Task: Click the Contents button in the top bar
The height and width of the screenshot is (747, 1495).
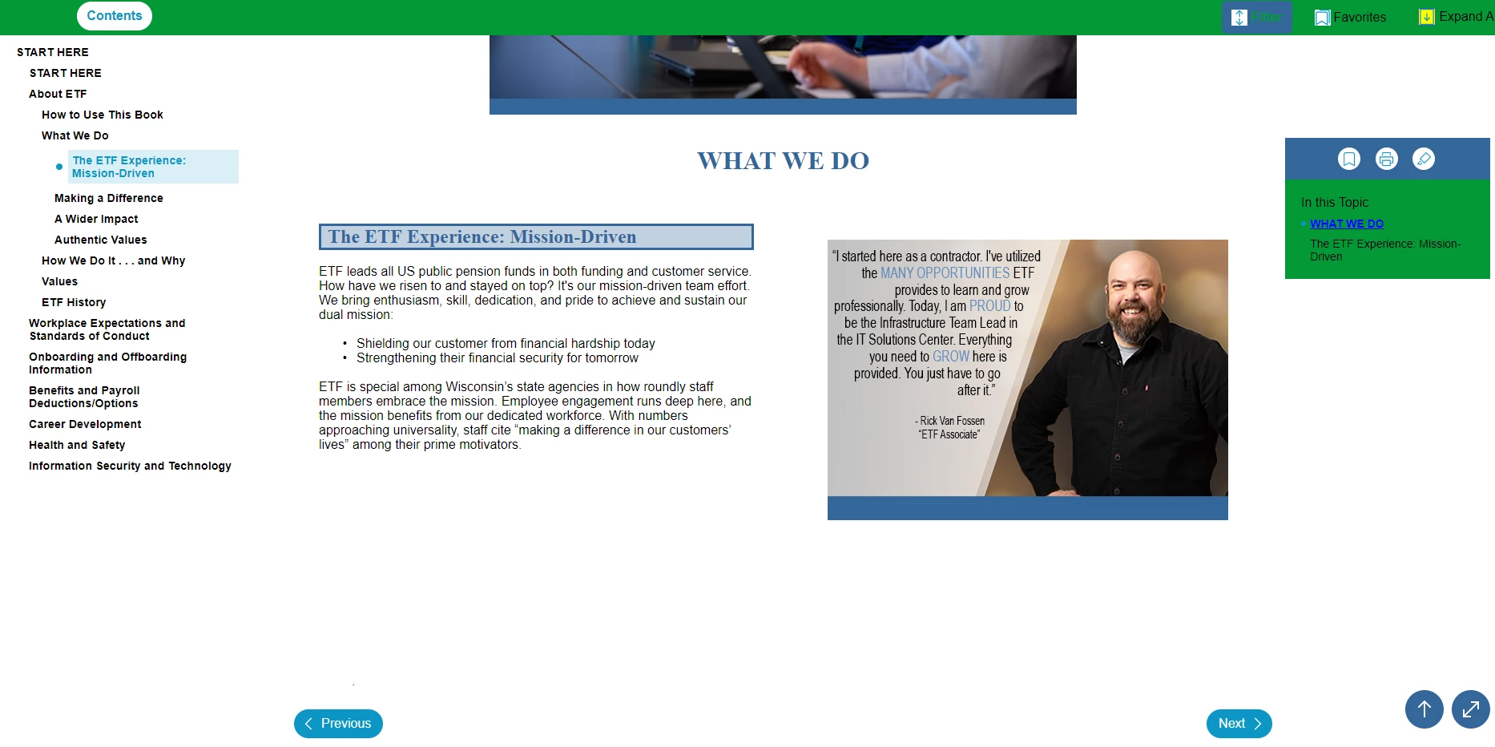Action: point(115,16)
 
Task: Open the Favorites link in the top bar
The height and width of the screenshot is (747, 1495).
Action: point(1350,17)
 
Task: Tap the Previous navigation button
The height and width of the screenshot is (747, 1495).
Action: point(338,724)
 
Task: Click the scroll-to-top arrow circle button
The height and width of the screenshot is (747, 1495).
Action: point(1424,709)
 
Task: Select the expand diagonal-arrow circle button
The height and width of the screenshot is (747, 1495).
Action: point(1471,709)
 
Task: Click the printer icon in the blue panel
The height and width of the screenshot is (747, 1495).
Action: point(1387,159)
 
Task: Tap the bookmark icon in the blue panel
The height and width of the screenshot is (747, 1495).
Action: point(1349,159)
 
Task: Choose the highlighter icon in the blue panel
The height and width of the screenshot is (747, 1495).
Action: point(1424,159)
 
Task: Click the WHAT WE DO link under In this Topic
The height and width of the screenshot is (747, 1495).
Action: point(1347,224)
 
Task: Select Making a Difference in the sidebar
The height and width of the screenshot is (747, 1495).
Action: point(109,198)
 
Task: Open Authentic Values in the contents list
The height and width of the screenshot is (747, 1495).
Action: point(101,240)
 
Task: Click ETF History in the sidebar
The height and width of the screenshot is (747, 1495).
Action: point(74,302)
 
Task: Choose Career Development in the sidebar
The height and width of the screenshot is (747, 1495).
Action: point(85,424)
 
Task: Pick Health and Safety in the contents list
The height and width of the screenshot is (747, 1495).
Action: point(77,445)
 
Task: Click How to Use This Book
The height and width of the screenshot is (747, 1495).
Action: point(103,115)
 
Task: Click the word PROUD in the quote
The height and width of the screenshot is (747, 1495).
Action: point(990,306)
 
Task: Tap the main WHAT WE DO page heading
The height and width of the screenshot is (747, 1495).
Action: point(783,161)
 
